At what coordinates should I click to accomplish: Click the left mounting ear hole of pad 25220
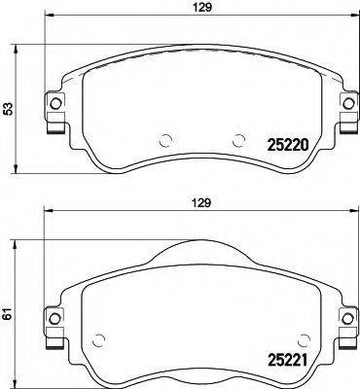coord(55,103)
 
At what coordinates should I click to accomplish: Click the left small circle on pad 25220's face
coord(165,138)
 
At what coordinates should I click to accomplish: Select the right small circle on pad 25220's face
coord(238,138)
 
